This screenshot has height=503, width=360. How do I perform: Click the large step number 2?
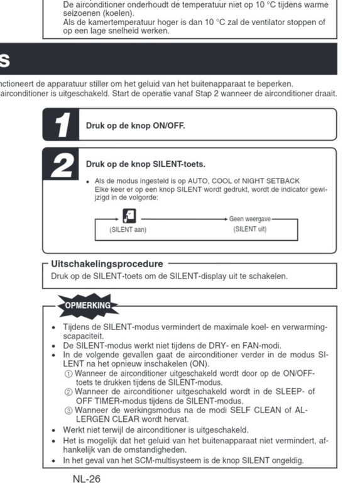[x=62, y=165]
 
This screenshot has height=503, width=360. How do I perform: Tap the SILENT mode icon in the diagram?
[x=129, y=217]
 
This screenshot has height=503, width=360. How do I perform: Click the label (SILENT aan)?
[x=128, y=229]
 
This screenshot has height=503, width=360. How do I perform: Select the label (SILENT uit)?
[x=250, y=229]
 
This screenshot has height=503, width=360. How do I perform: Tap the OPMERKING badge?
[x=88, y=306]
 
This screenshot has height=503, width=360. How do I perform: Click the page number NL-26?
[x=86, y=479]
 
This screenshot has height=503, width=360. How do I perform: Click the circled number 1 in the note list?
[x=68, y=373]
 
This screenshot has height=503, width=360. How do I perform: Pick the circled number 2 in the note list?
[x=68, y=391]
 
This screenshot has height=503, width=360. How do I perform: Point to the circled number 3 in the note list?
[x=68, y=410]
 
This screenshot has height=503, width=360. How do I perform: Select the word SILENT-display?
[x=199, y=275]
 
